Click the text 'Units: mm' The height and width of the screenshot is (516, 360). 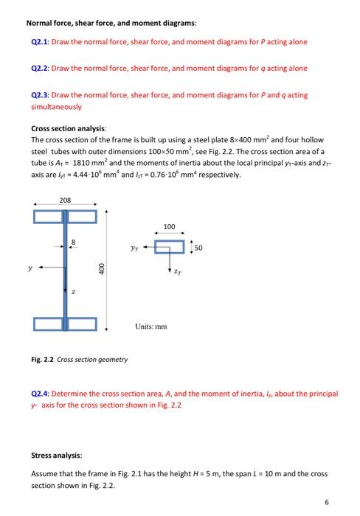pos(152,325)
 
